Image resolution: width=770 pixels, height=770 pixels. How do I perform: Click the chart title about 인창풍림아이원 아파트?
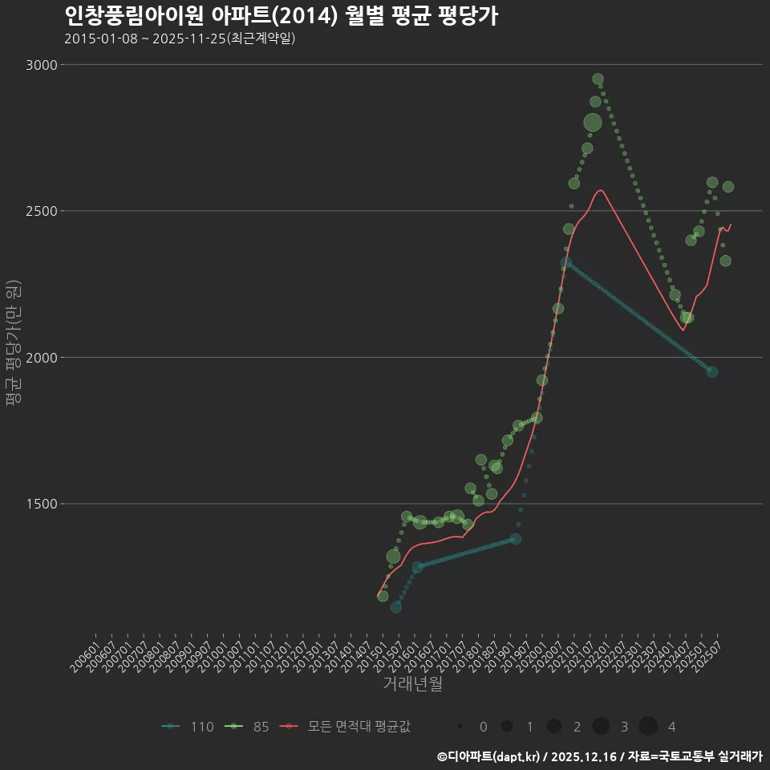[x=281, y=15]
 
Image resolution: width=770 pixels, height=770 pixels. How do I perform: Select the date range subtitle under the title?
[x=180, y=38]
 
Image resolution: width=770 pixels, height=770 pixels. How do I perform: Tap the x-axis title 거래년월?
[x=412, y=684]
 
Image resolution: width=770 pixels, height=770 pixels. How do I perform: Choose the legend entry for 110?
[x=188, y=727]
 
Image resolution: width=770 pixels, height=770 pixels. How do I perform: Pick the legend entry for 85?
[x=249, y=727]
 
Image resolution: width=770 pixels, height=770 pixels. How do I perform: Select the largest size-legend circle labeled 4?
[x=648, y=727]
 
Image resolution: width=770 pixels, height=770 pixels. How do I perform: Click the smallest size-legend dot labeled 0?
[x=460, y=727]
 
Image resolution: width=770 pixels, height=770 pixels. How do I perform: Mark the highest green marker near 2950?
[x=598, y=79]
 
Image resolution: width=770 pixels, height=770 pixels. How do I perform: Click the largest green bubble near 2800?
[x=593, y=123]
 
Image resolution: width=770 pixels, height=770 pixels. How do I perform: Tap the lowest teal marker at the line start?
[x=396, y=607]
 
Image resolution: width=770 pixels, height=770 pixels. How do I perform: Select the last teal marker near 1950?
[x=711, y=371]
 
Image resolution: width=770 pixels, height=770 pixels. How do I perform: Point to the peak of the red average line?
[x=600, y=190]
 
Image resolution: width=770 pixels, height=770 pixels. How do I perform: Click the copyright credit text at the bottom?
[x=599, y=756]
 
